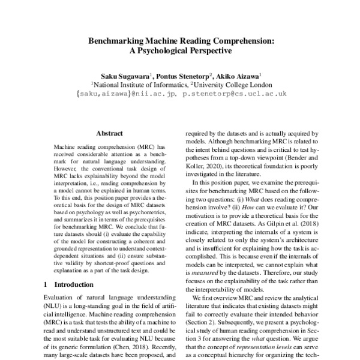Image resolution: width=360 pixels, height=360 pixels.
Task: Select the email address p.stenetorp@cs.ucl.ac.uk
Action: coord(235,95)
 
